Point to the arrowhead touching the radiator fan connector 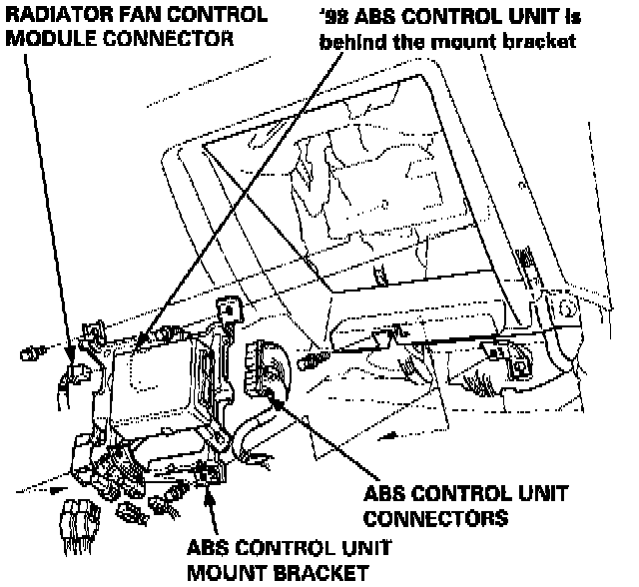pyautogui.click(x=71, y=356)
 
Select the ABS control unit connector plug pyautogui.click(x=263, y=366)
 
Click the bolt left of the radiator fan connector pyautogui.click(x=29, y=350)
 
